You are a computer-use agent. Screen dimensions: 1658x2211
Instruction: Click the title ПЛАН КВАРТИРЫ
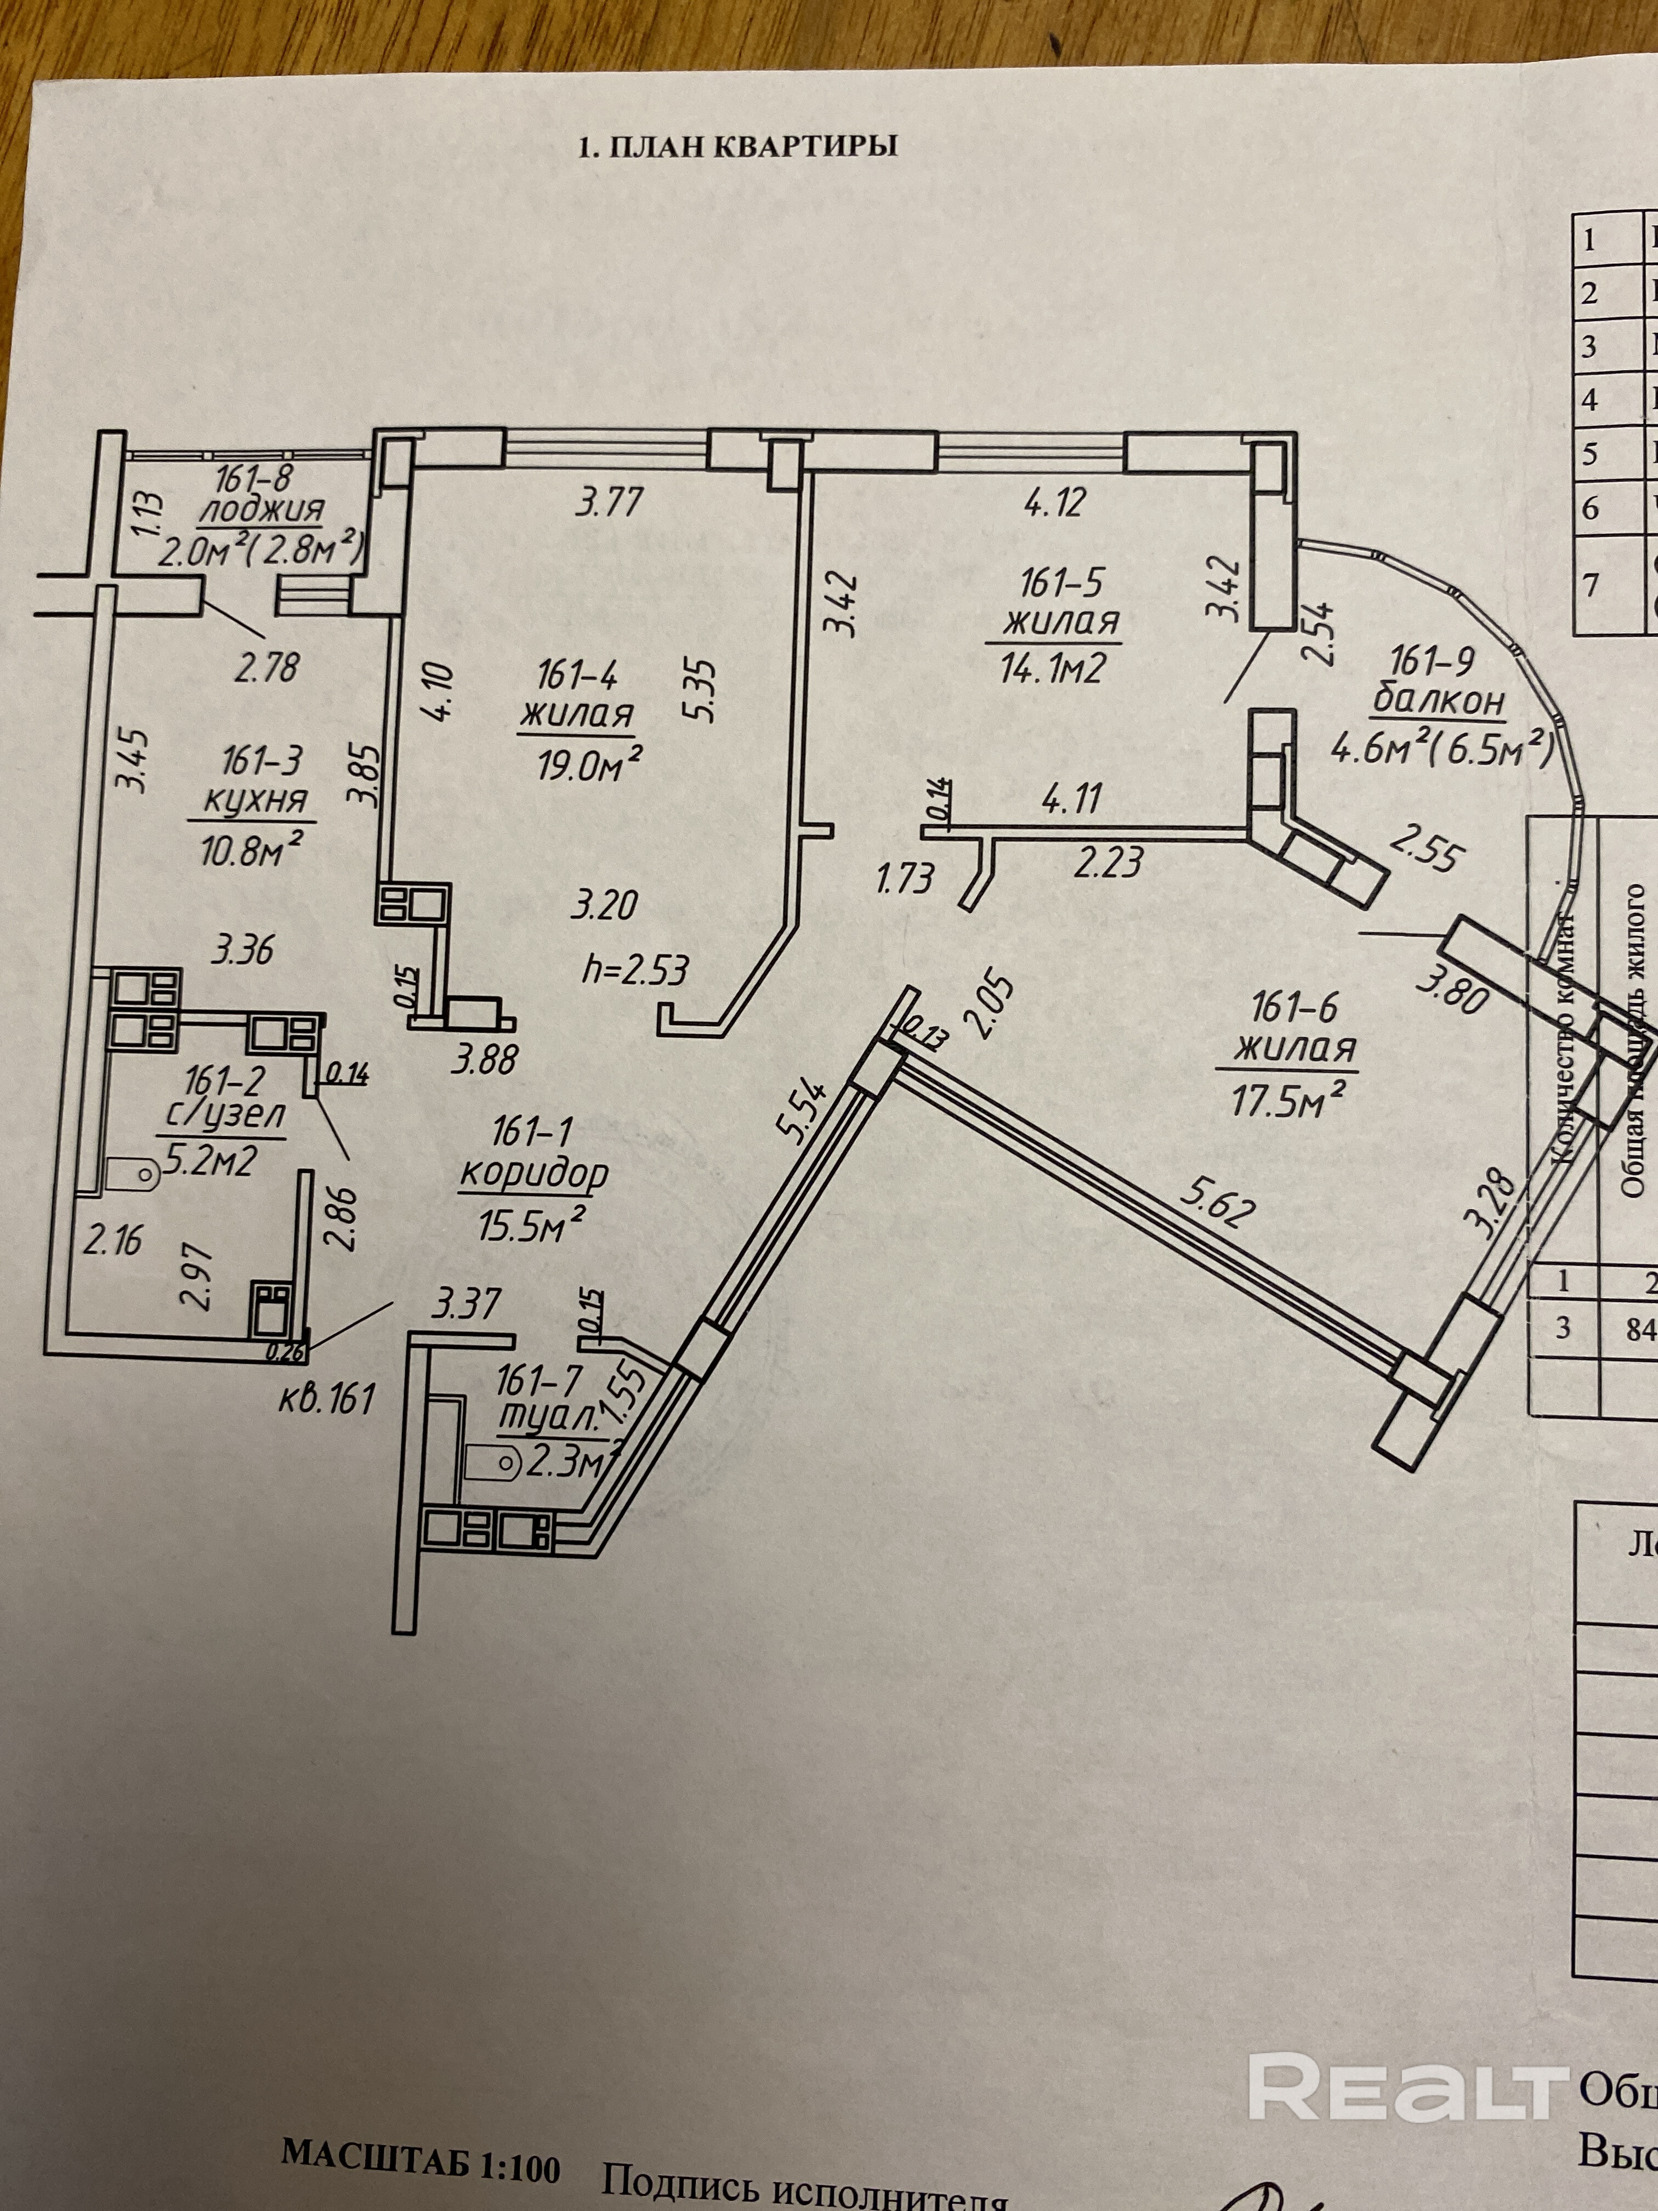(x=737, y=147)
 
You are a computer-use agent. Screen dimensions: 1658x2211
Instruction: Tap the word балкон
(x=1439, y=702)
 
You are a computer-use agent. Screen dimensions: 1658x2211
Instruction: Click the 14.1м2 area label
(x=1052, y=668)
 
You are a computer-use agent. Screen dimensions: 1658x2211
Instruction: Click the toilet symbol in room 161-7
(x=493, y=1465)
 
